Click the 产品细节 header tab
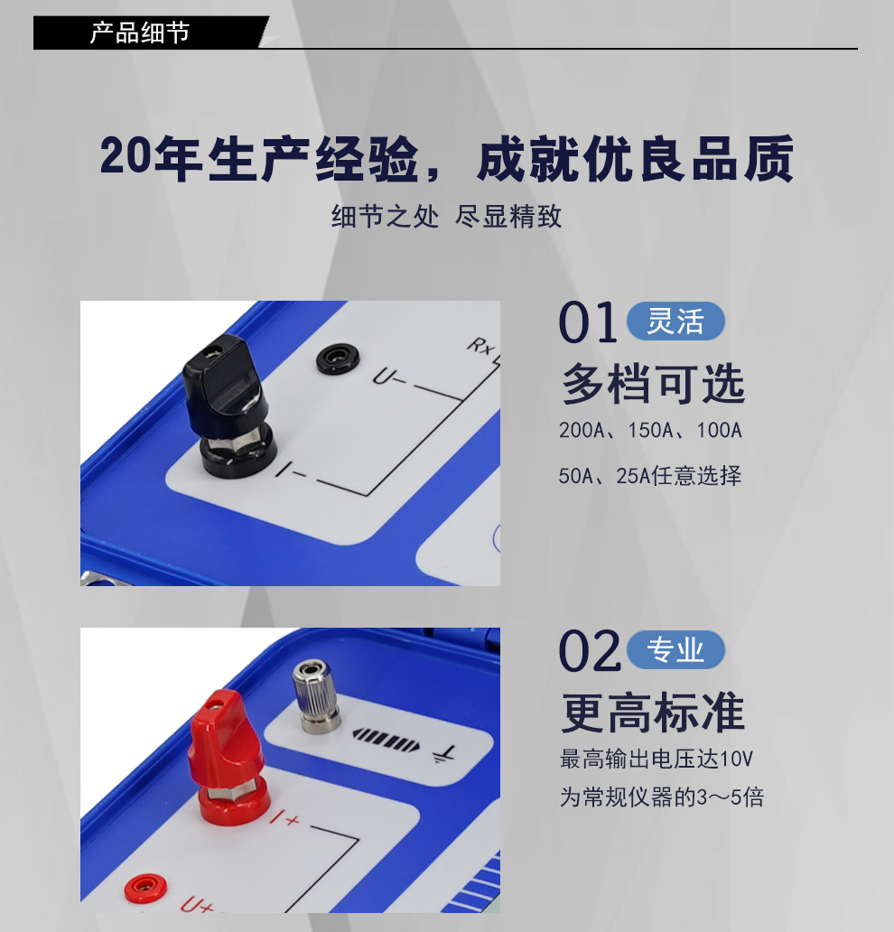coord(140,33)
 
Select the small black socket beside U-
coord(337,359)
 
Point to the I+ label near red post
coord(286,820)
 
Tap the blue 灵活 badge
coord(675,322)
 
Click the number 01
coord(588,323)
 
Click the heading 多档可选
coord(653,384)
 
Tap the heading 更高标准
coord(653,713)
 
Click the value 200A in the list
coord(581,431)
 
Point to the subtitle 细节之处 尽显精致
coord(447,217)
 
